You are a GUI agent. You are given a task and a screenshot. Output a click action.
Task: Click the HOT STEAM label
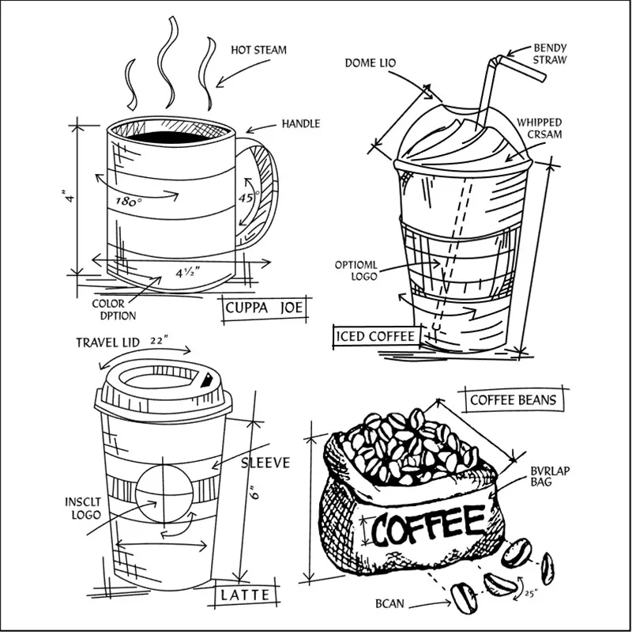click(258, 51)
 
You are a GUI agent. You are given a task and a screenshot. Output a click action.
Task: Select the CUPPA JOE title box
click(264, 308)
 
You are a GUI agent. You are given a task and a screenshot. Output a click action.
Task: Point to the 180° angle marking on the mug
click(129, 202)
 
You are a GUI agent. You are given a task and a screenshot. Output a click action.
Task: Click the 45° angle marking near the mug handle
click(248, 198)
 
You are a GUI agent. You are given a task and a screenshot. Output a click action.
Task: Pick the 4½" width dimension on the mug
click(188, 272)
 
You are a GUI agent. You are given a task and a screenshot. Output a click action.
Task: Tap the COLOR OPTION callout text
click(114, 310)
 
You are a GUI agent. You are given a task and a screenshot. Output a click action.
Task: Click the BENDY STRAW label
click(550, 54)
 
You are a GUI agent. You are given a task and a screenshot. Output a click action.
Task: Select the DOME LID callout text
click(371, 63)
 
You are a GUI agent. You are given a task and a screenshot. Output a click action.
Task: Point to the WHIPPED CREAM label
click(540, 128)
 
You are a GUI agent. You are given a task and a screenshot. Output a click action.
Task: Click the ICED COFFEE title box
click(376, 337)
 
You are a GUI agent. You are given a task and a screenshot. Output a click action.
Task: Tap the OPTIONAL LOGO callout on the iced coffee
click(356, 271)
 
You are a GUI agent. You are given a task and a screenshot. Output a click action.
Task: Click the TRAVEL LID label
click(107, 343)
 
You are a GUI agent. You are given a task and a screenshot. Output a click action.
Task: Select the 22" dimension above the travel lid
click(159, 341)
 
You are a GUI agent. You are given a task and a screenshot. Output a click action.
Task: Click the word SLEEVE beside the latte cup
click(265, 463)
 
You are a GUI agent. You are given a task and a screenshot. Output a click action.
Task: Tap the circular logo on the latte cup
click(164, 493)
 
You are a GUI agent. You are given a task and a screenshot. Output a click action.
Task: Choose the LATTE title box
click(245, 595)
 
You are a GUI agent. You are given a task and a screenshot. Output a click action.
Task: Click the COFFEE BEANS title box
click(513, 400)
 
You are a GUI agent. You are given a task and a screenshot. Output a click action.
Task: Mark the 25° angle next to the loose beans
click(531, 594)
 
